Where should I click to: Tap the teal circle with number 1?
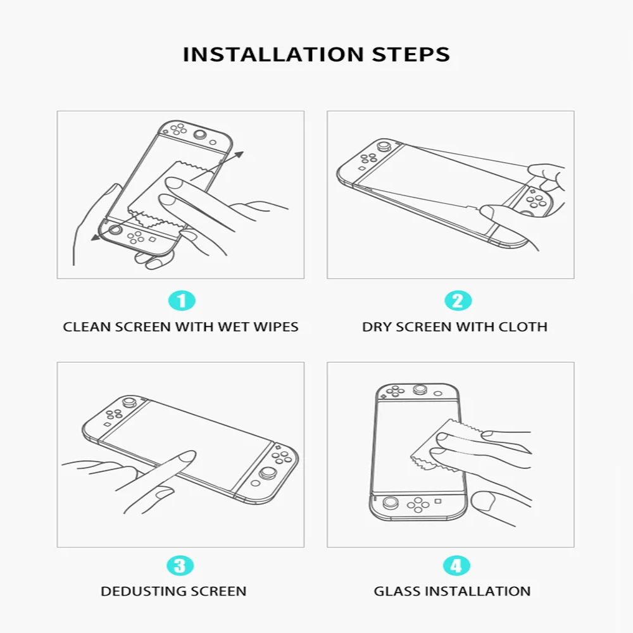pos(182,301)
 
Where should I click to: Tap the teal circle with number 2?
pos(458,301)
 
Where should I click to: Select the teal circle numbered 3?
pos(180,565)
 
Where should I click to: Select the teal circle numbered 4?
pos(456,565)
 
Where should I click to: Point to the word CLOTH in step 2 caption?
pos(523,327)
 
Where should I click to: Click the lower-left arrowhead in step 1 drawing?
pos(94,237)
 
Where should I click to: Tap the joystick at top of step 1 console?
pos(201,134)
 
